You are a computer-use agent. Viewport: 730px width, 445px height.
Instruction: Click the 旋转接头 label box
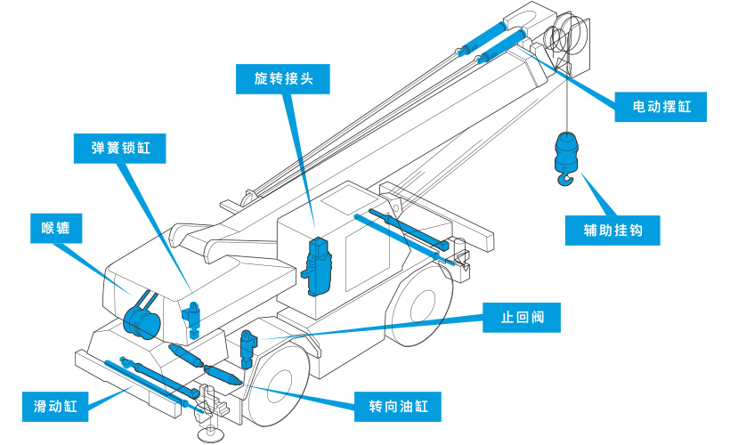pyautogui.click(x=283, y=79)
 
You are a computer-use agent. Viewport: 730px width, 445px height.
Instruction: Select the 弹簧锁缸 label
pyautogui.click(x=121, y=148)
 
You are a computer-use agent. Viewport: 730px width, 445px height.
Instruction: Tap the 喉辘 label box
pyautogui.click(x=55, y=229)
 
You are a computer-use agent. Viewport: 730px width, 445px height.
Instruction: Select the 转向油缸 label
pyautogui.click(x=398, y=407)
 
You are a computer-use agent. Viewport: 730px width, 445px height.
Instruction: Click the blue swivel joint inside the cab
pyautogui.click(x=318, y=265)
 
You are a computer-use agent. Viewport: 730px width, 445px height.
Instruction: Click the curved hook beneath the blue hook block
pyautogui.click(x=564, y=182)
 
